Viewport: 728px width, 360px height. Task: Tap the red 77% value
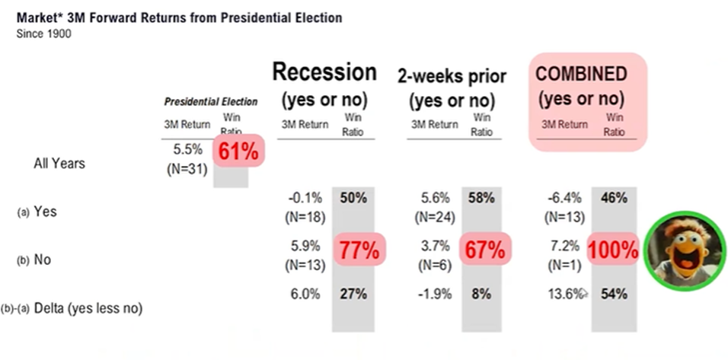pos(359,252)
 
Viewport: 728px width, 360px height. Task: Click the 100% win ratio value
pos(613,252)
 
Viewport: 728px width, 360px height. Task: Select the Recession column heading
pos(324,72)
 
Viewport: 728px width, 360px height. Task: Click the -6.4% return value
pos(564,198)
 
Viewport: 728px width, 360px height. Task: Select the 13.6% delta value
pos(564,294)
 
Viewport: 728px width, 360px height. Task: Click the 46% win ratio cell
pos(613,198)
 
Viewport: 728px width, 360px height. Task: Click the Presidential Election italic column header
pos(211,101)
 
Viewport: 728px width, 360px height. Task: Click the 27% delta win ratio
pos(355,294)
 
